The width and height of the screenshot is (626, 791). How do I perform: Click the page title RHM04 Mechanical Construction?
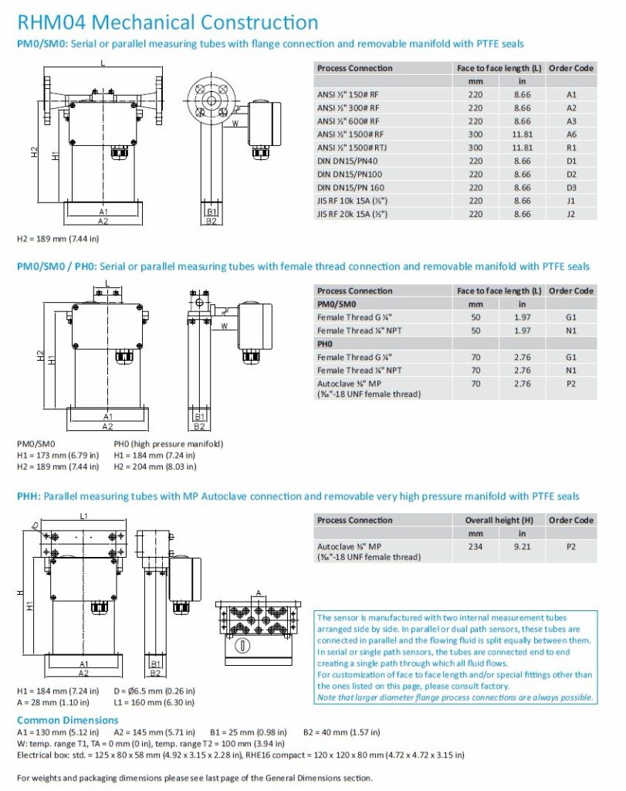pyautogui.click(x=167, y=23)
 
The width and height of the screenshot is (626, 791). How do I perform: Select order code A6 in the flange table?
pyautogui.click(x=571, y=134)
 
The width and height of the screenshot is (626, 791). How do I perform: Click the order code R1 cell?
pyautogui.click(x=571, y=148)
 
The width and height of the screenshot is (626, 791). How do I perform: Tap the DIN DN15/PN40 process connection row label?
pyautogui.click(x=349, y=161)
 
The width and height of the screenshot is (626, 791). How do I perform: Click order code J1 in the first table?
pyautogui.click(x=571, y=201)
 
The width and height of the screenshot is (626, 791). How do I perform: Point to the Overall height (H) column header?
pyautogui.click(x=499, y=520)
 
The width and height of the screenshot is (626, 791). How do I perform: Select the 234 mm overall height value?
pyautogui.click(x=475, y=546)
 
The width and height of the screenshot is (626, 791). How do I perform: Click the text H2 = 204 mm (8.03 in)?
pyautogui.click(x=154, y=467)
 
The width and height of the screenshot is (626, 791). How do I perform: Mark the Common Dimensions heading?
pyautogui.click(x=67, y=720)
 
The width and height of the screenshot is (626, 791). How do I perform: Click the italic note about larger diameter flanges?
pyautogui.click(x=455, y=698)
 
